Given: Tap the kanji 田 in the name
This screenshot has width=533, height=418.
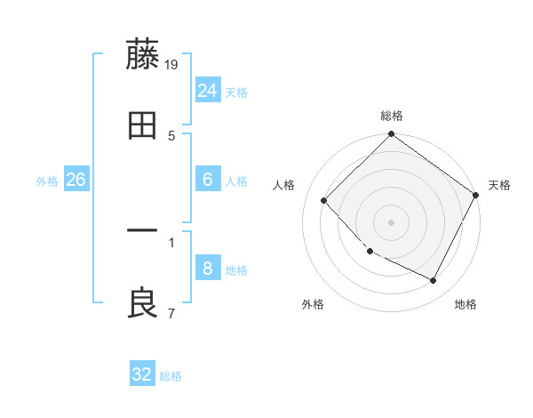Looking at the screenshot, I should pos(143,126).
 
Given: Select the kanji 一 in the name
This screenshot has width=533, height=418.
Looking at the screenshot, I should pos(143,232).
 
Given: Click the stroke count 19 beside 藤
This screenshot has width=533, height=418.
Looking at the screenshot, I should pos(171,64).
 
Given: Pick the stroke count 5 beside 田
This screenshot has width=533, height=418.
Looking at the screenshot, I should pos(171,135).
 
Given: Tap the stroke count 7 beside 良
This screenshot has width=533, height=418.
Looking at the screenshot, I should pos(171,313).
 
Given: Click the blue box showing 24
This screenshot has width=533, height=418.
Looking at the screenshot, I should pos(207,91).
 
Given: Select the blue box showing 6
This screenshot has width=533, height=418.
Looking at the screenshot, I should pos(207,180).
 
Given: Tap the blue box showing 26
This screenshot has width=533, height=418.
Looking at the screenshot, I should pos(76,180).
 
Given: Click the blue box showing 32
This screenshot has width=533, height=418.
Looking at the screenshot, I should pos(142,374).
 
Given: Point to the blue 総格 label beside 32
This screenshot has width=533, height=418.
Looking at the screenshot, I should pos(171,376).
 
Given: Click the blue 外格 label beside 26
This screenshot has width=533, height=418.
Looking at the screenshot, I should pos(47,181).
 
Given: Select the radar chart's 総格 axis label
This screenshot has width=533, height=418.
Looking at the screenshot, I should pos(392,117).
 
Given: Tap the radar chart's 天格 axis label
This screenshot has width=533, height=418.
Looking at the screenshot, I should pos(499,185).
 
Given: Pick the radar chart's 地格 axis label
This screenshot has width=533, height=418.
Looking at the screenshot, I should pos(465,304).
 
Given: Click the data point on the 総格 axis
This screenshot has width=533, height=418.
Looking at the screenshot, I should pos(392,135).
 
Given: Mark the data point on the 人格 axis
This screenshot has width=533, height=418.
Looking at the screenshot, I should pos(324,200).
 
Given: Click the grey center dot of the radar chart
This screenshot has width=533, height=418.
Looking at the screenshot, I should pos(392,221).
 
